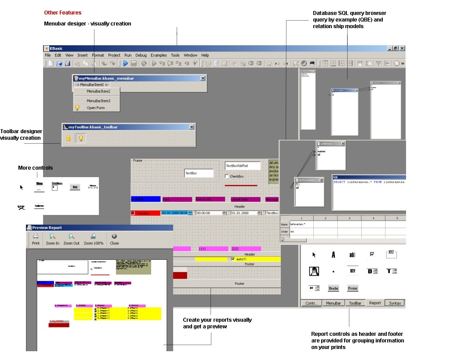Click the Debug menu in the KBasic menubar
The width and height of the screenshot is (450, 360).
141,55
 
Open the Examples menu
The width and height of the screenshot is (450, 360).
159,55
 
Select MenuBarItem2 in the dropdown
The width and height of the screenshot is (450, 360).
98,91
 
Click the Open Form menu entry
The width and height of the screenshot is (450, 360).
95,108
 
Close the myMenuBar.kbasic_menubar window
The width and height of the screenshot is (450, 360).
203,78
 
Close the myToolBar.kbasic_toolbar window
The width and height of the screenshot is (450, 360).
192,127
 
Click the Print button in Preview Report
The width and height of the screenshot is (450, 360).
36,239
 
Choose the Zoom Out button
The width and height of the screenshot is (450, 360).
72,239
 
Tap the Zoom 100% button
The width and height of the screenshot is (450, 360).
94,239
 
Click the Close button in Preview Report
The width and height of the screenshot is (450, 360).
114,239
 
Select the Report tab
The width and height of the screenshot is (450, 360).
375,303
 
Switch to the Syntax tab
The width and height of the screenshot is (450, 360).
395,303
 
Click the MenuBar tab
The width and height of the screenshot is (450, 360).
333,303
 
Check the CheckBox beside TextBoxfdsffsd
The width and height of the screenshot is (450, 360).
226,177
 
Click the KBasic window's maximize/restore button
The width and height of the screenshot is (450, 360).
396,48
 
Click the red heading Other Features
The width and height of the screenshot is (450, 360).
62,13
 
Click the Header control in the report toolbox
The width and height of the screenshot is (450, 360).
334,288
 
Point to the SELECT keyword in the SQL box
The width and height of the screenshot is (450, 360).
340,182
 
